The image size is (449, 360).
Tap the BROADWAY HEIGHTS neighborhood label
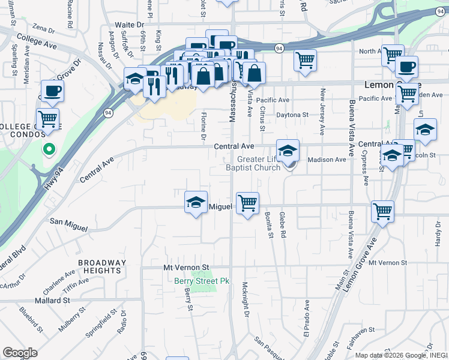pos(102,266)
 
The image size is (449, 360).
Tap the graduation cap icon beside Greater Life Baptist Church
pos(288,150)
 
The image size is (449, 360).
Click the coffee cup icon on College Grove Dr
pos(52,91)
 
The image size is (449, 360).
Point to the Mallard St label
pos(52,300)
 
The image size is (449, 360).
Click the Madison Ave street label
pos(327,160)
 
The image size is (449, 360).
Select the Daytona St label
pos(292,115)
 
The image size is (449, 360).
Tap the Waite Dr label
pos(129,25)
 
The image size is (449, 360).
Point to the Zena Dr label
pos(44,28)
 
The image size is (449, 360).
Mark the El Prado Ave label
pos(307,318)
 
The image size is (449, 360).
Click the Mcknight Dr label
pos(245,300)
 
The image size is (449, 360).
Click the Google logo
pos(20,353)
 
